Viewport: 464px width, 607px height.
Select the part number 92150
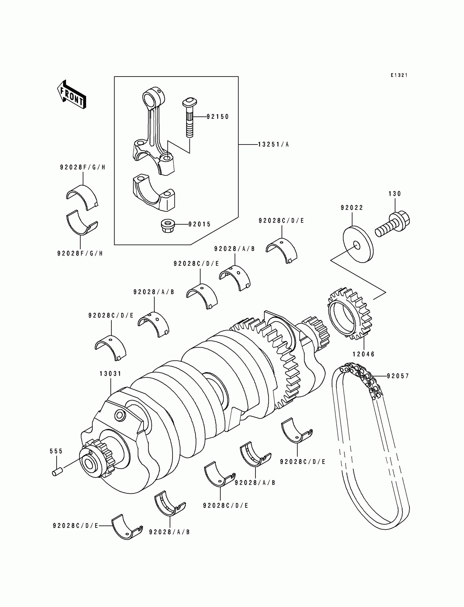[x=218, y=117]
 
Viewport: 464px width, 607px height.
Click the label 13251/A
[x=273, y=144]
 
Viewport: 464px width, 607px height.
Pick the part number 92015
[x=200, y=224]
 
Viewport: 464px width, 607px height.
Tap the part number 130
[x=395, y=194]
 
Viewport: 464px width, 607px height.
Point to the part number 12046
[x=364, y=354]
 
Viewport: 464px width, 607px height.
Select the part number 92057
[x=398, y=376]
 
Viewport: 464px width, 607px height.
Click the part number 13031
[x=111, y=374]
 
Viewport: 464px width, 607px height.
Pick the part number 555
[x=56, y=451]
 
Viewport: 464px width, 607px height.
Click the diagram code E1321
[x=399, y=75]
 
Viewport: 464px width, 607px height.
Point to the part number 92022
[x=352, y=208]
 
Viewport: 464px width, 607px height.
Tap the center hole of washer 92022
[x=356, y=245]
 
